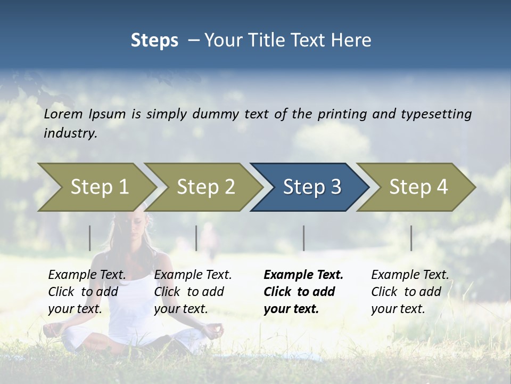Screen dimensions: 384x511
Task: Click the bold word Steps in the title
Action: coord(154,41)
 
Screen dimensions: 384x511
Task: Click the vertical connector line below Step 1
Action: coord(90,238)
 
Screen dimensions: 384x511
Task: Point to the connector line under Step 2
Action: coord(196,238)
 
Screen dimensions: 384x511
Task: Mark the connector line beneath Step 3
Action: coord(303,238)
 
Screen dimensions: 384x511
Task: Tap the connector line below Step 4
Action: coord(411,238)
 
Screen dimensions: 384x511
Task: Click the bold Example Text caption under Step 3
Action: coord(303,292)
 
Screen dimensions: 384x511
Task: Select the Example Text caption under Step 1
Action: coord(87,292)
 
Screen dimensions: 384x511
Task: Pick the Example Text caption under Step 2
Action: coord(193,292)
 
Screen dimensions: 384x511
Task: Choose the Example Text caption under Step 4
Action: coord(410,292)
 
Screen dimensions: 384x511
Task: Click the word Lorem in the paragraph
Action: coord(63,114)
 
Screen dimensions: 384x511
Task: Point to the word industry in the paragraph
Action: coord(70,133)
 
